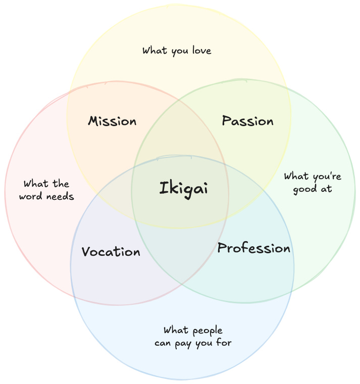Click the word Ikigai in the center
coord(183,189)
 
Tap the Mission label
coord(112,121)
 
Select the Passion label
coord(247,121)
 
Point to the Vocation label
coord(111,251)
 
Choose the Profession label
coord(253,248)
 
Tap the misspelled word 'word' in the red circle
coord(30,196)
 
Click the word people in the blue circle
coord(207,331)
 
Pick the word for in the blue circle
coord(224,343)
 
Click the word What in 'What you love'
coord(153,50)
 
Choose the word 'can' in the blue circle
coord(165,344)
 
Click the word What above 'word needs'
coord(35,183)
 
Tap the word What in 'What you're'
coord(295,177)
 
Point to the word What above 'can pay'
coord(175,331)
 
